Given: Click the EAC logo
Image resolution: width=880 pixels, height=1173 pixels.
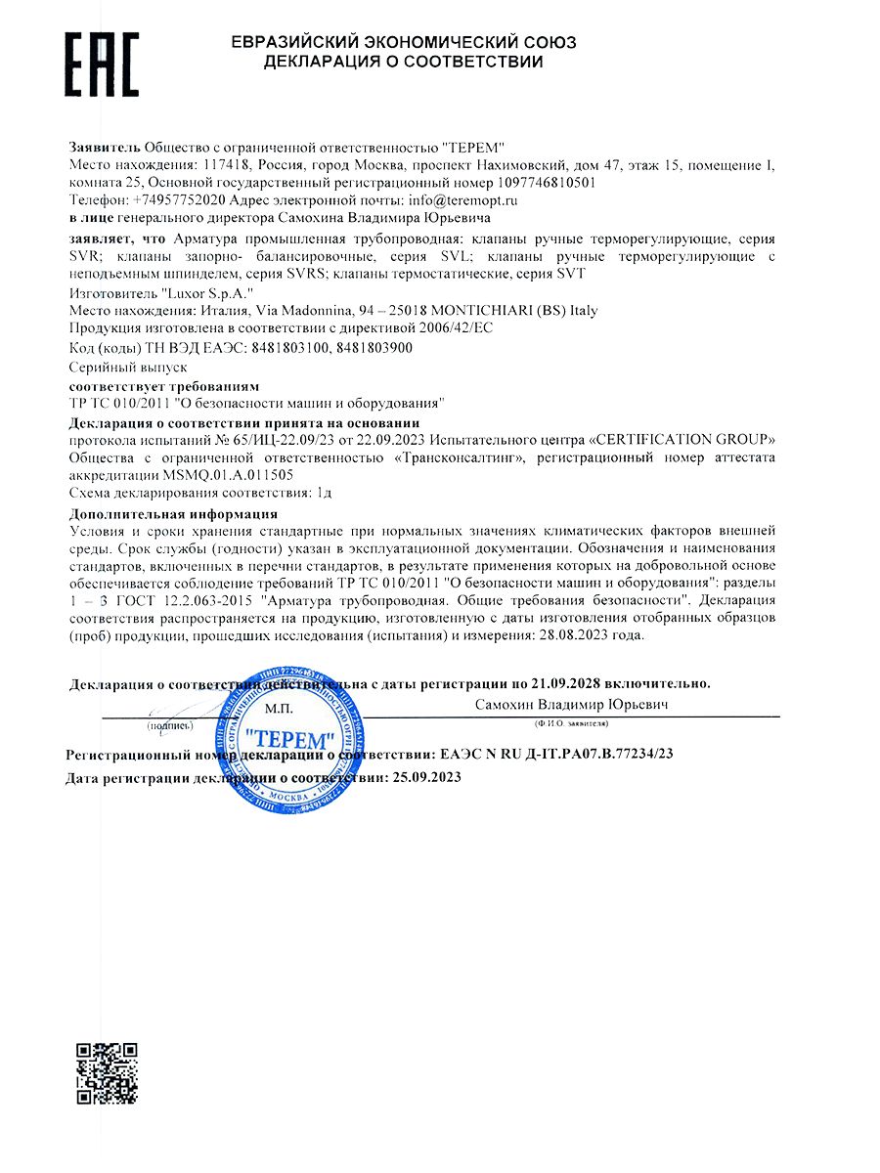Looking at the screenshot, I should [x=102, y=62].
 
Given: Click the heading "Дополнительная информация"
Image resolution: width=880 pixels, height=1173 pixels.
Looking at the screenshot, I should [x=173, y=513].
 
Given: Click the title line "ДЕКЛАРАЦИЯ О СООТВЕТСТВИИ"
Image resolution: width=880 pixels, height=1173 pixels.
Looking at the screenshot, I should [x=403, y=62].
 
